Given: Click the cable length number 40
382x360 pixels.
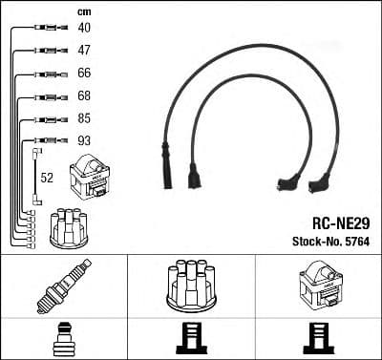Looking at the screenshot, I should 84,28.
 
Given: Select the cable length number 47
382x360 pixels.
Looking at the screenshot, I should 84,50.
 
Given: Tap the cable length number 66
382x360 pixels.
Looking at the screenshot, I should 84,74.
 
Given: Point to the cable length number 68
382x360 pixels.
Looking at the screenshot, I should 84,95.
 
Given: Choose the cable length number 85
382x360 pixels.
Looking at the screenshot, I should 84,118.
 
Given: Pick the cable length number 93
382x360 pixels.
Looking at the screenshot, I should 84,141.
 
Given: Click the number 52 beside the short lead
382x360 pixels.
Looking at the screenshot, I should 47,177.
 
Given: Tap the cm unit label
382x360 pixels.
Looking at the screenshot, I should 82,11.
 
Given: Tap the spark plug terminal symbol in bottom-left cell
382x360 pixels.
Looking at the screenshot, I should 63,338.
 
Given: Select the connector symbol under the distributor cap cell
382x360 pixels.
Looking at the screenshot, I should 191,339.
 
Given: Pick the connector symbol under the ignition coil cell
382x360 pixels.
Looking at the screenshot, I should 318,339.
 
